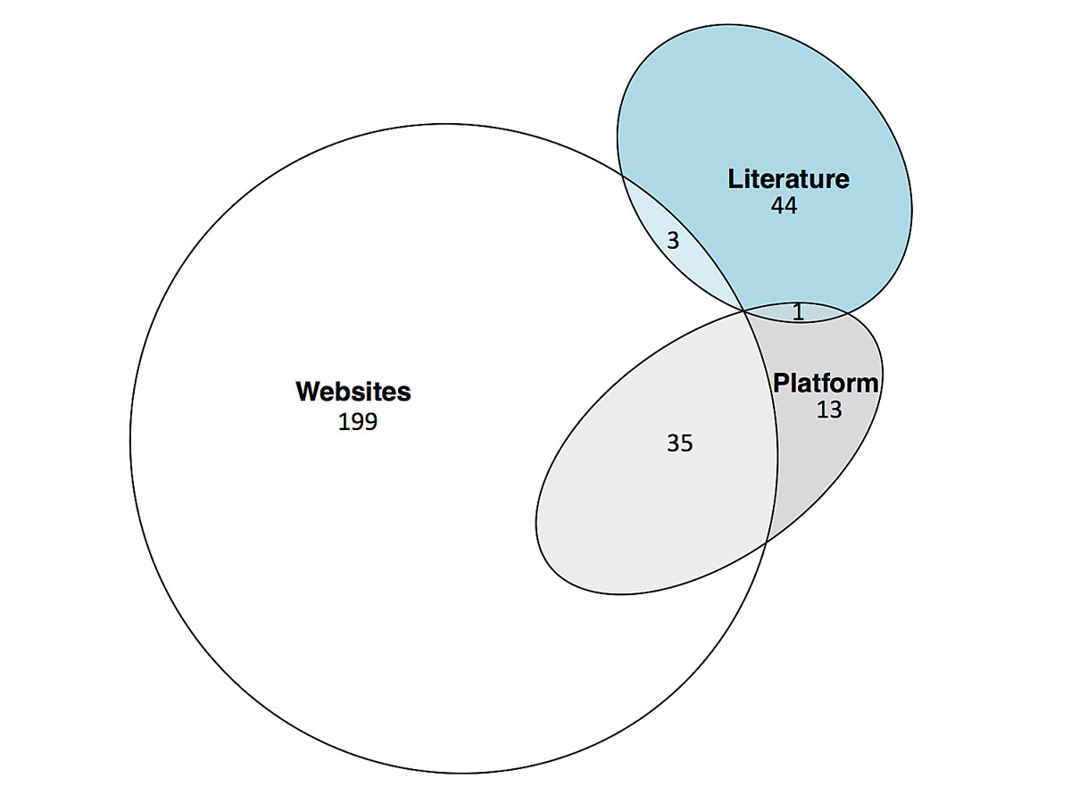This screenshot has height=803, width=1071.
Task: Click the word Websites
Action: click(x=353, y=392)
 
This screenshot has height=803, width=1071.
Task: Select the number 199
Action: click(x=357, y=422)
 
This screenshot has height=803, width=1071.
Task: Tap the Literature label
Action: click(x=788, y=179)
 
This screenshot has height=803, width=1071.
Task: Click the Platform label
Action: click(x=826, y=384)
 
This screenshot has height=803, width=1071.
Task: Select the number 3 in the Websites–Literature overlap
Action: click(x=673, y=241)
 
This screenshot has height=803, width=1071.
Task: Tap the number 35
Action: click(x=679, y=443)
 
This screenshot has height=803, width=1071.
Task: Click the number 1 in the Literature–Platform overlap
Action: click(x=798, y=312)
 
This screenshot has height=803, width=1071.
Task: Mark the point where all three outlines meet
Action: click(x=744, y=310)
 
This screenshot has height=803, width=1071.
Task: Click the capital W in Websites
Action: click(x=307, y=392)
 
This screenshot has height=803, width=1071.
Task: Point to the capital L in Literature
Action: click(x=735, y=179)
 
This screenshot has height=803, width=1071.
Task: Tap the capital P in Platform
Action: click(x=781, y=384)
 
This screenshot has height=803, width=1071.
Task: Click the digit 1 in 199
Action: click(x=344, y=422)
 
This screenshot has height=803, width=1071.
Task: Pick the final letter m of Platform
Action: click(x=868, y=385)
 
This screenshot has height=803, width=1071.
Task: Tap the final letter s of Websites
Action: click(x=405, y=393)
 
